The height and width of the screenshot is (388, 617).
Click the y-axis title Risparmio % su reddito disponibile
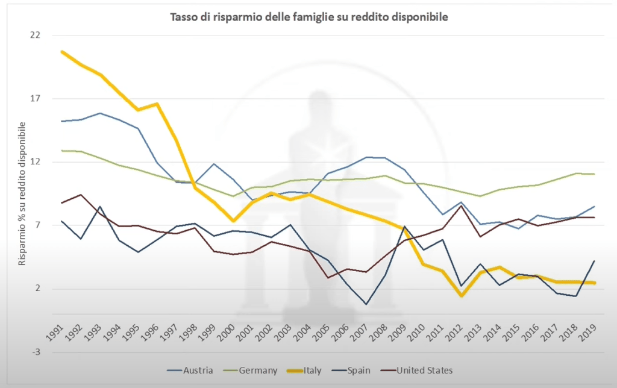click(x=22, y=193)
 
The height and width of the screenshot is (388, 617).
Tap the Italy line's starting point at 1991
click(x=62, y=52)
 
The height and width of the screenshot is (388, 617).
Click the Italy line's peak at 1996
click(x=157, y=104)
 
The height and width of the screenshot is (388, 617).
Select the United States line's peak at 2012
click(x=462, y=205)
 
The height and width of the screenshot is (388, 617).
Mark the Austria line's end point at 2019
click(x=595, y=207)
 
